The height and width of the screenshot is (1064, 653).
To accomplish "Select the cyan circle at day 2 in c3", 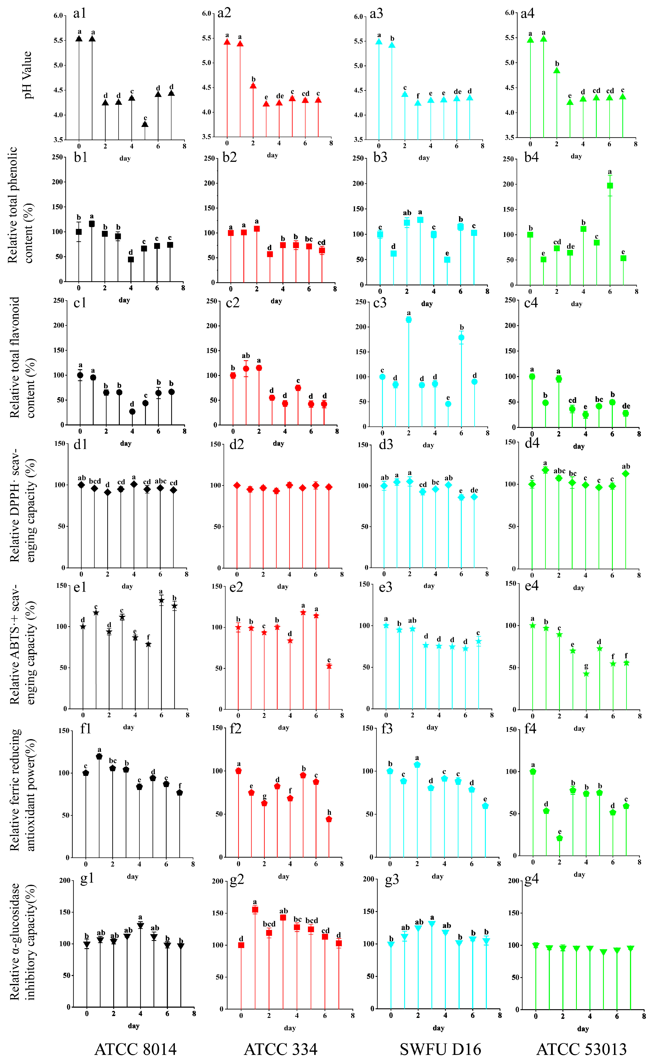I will (x=409, y=320).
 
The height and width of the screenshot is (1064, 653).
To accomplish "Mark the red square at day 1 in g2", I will (x=255, y=909).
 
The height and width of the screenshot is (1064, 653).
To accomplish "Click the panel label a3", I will (x=376, y=14).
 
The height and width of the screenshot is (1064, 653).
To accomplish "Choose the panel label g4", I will (x=531, y=880).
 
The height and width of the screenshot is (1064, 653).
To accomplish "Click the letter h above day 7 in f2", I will (x=329, y=813).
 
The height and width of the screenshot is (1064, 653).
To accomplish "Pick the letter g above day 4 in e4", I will (x=586, y=666).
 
